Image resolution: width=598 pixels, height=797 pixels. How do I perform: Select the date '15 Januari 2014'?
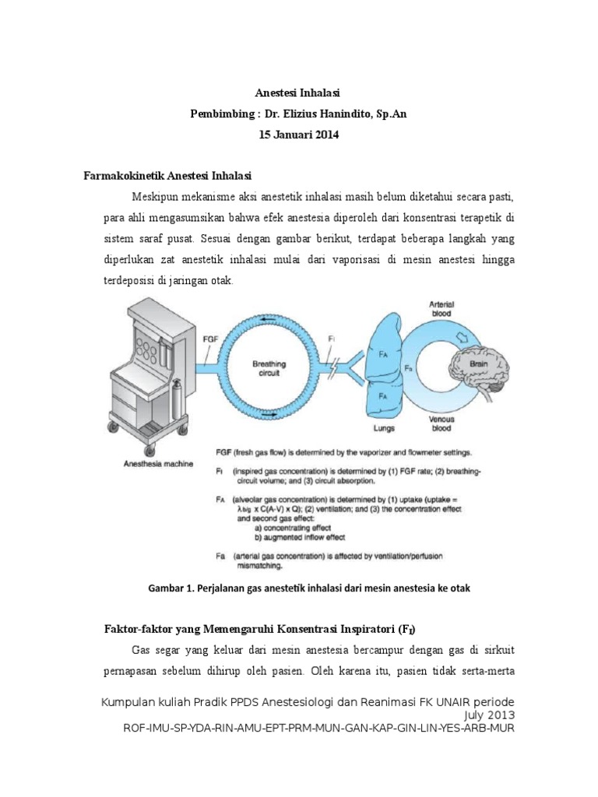point(299,135)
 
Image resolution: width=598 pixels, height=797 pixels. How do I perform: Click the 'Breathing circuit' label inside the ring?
point(269,368)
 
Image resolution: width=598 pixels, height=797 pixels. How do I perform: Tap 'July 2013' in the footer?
point(488,714)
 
